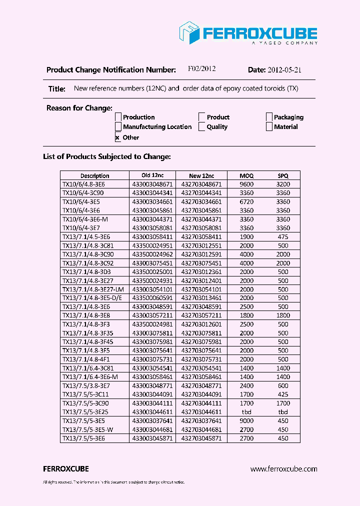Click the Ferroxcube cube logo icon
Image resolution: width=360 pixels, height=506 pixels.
coord(189,32)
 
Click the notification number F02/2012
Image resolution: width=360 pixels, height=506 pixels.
coord(201,69)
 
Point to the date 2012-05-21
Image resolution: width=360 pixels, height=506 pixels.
coord(284,70)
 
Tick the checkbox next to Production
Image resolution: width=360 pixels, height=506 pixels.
coord(118,117)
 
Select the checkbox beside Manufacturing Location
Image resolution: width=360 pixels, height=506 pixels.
coord(118,127)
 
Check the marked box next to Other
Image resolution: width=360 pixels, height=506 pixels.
coord(118,137)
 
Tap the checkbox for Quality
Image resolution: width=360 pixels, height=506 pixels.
coord(202,127)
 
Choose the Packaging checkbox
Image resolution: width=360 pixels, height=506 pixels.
coord(269,117)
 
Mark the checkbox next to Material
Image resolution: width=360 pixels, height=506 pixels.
coord(269,127)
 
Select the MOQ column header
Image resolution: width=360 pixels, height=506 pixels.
coord(246,175)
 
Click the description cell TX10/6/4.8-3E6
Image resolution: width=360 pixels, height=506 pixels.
coord(83,184)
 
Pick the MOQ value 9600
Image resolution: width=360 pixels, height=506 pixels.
coord(246,184)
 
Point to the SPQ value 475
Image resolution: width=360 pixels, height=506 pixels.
coord(283,236)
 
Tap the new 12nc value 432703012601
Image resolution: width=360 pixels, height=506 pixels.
coord(201,324)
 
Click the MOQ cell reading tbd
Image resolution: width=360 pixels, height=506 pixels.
coord(246,412)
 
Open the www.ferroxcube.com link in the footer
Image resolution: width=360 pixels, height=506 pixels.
coord(283,469)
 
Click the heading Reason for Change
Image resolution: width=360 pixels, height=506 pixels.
coord(79,108)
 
